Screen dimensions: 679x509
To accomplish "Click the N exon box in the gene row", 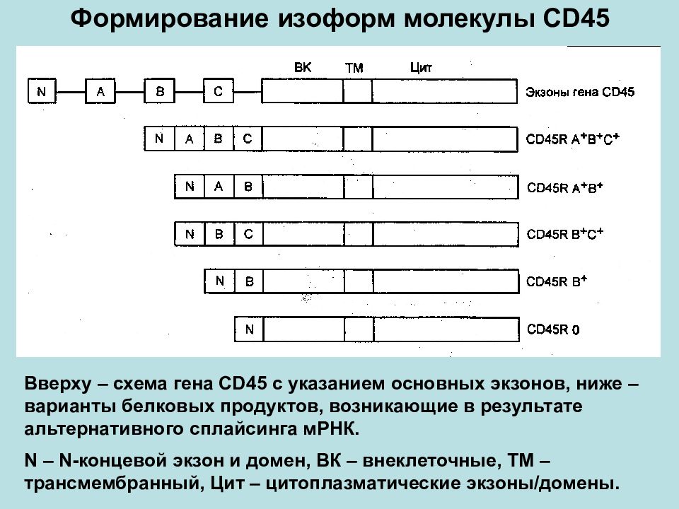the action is click(x=42, y=91).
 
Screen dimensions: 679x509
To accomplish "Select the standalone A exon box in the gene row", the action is click(x=100, y=91).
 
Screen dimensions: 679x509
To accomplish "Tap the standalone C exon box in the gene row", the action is click(x=219, y=91).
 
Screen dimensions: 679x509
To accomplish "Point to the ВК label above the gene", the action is click(x=303, y=68).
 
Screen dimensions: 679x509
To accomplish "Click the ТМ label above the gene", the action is click(x=354, y=68).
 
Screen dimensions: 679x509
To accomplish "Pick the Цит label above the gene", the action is click(x=421, y=68).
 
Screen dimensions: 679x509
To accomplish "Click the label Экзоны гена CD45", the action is click(x=580, y=92).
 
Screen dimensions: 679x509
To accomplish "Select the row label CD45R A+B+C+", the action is click(x=572, y=139).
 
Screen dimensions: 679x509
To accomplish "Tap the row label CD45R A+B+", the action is click(x=564, y=187).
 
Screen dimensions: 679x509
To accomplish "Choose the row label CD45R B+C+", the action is click(x=564, y=234).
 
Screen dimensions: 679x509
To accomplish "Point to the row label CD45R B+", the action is click(x=557, y=281).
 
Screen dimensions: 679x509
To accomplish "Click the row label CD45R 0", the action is click(x=553, y=329).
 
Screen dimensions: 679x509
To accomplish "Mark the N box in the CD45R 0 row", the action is click(x=249, y=329).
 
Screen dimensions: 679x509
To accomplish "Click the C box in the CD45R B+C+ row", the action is click(x=248, y=234).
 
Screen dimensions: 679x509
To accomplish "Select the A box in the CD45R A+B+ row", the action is click(x=219, y=187).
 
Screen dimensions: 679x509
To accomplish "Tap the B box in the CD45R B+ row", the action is click(x=249, y=282).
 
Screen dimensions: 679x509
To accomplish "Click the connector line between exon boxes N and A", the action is click(x=71, y=92).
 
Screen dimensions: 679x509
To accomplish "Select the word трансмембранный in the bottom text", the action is click(x=115, y=484).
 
